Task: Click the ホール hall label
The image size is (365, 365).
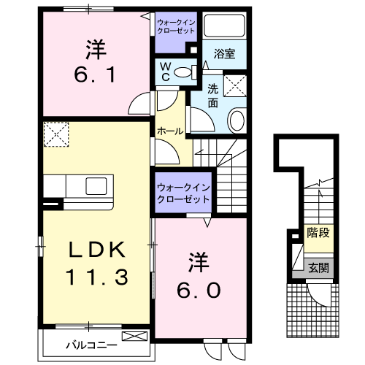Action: pos(169,131)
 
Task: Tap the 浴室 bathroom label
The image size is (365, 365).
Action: pos(223,53)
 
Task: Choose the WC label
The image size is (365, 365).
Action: pos(166,72)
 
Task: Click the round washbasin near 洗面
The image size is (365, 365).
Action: pos(236,120)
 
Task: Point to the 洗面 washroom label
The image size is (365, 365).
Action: pos(212,96)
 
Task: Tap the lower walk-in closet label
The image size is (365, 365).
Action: pos(182,193)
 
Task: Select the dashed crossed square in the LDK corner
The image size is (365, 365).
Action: pos(55,134)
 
